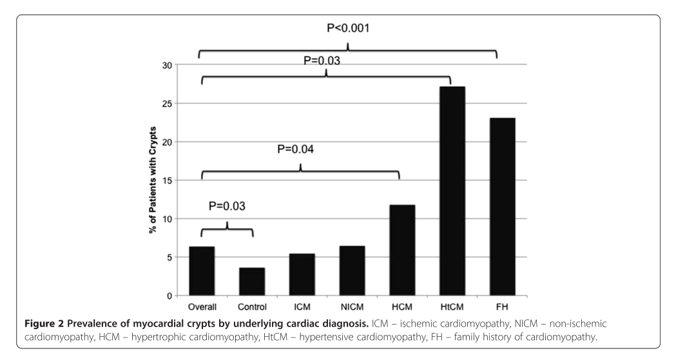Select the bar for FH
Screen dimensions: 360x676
click(x=503, y=206)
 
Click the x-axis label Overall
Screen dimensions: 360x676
click(x=201, y=305)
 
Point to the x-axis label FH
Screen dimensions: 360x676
click(x=503, y=305)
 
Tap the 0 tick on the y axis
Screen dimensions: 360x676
click(x=171, y=296)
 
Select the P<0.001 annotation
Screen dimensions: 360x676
click(x=349, y=30)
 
